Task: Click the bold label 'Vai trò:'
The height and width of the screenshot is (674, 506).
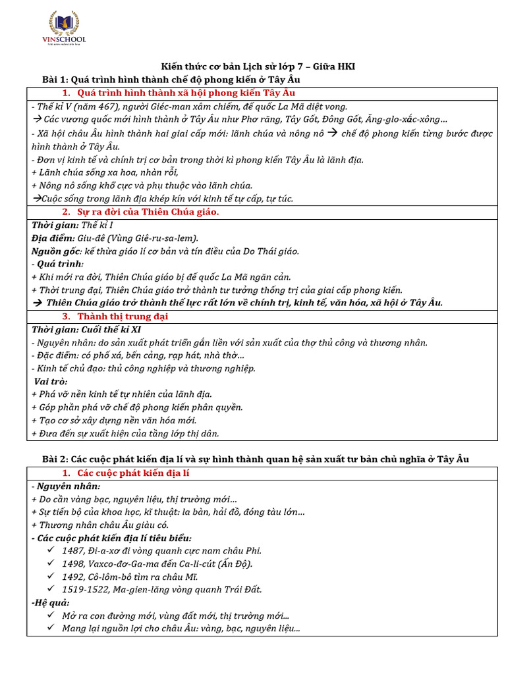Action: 51,381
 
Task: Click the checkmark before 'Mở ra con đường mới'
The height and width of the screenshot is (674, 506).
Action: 52,615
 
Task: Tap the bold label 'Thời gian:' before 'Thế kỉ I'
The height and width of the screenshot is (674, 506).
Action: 55,225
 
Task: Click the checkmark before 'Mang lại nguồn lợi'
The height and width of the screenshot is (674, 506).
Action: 52,629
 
